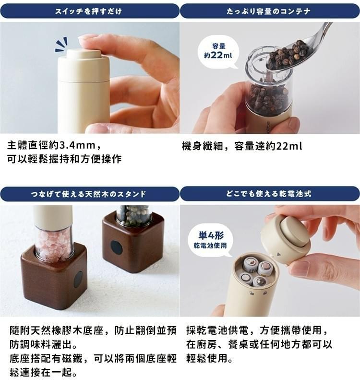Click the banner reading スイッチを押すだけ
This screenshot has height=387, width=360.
(89, 11)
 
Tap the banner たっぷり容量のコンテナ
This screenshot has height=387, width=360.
(269, 11)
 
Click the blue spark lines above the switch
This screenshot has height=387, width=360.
(61, 45)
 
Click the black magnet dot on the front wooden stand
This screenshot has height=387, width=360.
(78, 279)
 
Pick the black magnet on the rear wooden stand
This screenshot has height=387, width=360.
(116, 247)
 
